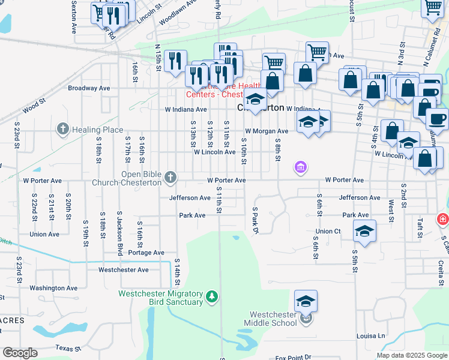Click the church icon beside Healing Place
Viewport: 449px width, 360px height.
[x=62, y=129]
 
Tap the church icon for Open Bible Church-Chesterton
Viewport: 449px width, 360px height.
[x=171, y=177]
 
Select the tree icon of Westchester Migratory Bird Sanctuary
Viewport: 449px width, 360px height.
[x=211, y=296]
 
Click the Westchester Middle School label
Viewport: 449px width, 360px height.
[x=274, y=319]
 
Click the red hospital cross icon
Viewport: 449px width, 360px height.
[x=444, y=220]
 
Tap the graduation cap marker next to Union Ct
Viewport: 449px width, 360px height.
[x=364, y=230]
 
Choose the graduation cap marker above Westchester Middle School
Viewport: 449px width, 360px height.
[x=306, y=301]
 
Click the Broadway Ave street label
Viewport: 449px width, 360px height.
[x=89, y=88]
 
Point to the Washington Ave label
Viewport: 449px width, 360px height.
[x=53, y=288]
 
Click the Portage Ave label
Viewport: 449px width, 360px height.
[x=146, y=253]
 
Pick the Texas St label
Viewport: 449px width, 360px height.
[x=68, y=348]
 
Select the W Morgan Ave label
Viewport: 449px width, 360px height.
[x=267, y=131]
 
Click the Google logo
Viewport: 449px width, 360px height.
[x=20, y=353]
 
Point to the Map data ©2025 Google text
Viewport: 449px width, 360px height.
[x=412, y=355]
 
